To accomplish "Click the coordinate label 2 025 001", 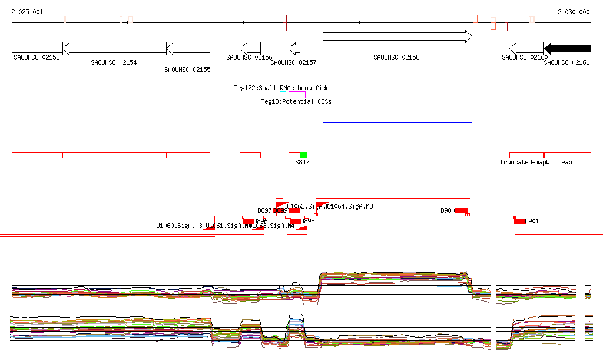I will (x=27, y=12).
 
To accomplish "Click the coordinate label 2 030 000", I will (x=574, y=12).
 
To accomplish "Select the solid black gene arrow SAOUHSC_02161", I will (x=568, y=48).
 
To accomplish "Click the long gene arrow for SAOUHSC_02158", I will (x=397, y=37).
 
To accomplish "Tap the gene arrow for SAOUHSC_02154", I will (x=114, y=48).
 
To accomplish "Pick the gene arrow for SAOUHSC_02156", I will (x=250, y=48).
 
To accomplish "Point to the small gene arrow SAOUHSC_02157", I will (x=294, y=48).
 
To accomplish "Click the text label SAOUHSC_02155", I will (x=187, y=70).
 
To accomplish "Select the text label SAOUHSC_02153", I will (x=37, y=57).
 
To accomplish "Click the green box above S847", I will (x=303, y=155).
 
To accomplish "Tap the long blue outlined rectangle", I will (x=397, y=125).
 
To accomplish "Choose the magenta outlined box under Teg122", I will (x=297, y=95).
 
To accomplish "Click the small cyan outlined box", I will (x=283, y=95).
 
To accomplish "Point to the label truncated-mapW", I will (x=525, y=162).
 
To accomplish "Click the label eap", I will (x=566, y=162).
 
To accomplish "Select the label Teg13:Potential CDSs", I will (x=296, y=101).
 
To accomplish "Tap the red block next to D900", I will (x=461, y=211).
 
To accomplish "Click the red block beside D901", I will (x=520, y=221).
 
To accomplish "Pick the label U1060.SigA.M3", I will (x=179, y=226).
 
